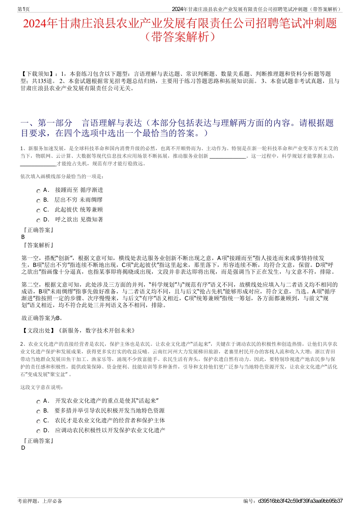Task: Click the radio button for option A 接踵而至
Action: point(38,191)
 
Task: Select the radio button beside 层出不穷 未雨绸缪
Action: point(38,201)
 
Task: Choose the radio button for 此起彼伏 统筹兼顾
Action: point(38,211)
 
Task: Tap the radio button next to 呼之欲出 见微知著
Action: point(38,221)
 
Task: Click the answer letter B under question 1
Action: point(23,237)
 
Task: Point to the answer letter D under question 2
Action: point(23,448)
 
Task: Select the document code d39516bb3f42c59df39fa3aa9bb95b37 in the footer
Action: point(300,501)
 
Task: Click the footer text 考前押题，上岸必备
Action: point(40,501)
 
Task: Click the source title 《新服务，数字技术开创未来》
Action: point(96,331)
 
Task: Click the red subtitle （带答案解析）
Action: point(180,37)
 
